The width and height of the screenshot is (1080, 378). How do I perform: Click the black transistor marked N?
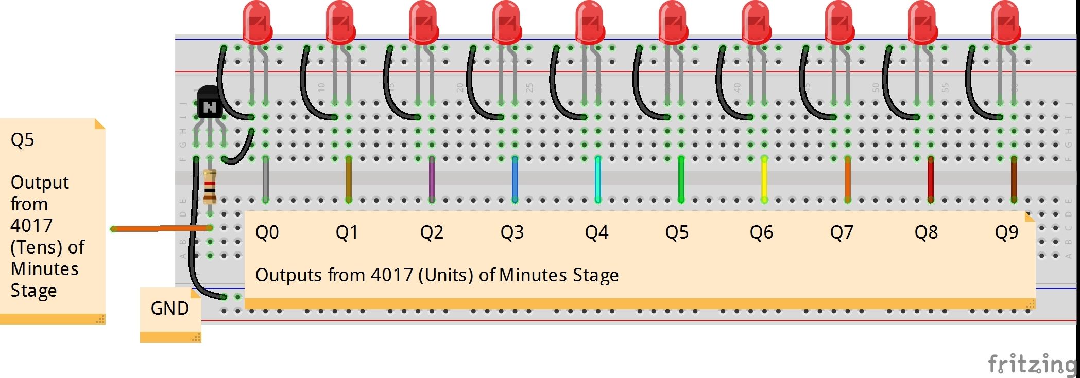(x=209, y=104)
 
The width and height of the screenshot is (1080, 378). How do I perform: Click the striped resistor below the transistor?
(x=210, y=186)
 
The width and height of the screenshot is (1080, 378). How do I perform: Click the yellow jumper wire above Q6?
(x=764, y=179)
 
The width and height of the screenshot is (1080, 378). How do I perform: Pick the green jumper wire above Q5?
(x=681, y=179)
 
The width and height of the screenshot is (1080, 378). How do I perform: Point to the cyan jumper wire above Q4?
(x=598, y=179)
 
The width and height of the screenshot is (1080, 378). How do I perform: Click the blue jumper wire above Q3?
(x=515, y=179)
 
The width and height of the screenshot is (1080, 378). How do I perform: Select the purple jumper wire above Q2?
(x=432, y=179)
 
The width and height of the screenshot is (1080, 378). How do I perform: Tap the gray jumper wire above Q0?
(x=265, y=179)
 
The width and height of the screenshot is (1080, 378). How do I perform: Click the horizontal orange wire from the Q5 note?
(x=160, y=228)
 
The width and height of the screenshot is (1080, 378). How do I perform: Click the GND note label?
(x=169, y=309)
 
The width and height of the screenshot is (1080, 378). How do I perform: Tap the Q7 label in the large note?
(x=841, y=232)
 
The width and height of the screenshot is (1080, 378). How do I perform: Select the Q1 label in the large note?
(x=347, y=232)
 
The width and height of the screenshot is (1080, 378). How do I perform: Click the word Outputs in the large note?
(x=289, y=275)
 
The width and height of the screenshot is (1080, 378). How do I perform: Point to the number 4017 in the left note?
(x=31, y=226)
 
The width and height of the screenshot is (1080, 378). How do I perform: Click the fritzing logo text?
(x=1032, y=364)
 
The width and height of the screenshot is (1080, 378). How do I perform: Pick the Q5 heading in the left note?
(x=22, y=140)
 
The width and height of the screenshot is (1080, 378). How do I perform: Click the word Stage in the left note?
(x=33, y=291)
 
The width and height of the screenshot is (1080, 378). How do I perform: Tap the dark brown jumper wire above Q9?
(x=1014, y=179)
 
